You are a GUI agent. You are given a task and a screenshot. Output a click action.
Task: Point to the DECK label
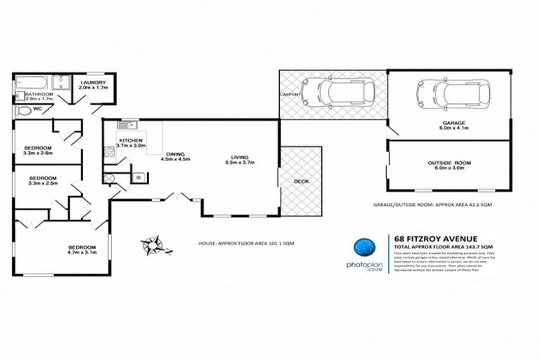click(301, 181)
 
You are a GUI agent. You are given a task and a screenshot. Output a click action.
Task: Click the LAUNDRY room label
click(93, 82)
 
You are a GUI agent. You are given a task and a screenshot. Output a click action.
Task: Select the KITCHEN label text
click(131, 141)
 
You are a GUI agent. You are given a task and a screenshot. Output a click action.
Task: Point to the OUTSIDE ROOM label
click(449, 163)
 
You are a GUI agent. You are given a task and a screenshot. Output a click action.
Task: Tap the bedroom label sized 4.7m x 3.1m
click(81, 248)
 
